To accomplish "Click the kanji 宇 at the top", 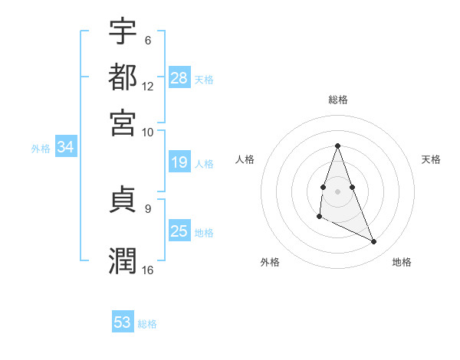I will coord(123,32).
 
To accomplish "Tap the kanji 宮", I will coord(123,122).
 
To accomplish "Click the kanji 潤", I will coord(123,260).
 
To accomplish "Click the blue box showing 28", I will coord(179,78).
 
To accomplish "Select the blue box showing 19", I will coord(179,162).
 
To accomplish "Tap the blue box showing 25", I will coord(179,231).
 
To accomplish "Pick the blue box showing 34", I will coord(65,148).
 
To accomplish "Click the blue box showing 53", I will coord(123,322).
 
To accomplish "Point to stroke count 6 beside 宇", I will coord(147,41).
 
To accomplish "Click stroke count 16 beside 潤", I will coord(147,270).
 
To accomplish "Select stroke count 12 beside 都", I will coord(147,86).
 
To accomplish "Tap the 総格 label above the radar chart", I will coord(337,100).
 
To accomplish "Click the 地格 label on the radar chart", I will coord(402,262).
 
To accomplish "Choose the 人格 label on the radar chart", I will coord(245,159).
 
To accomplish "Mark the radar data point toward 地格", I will coord(374,242).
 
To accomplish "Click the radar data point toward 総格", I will coord(337,146).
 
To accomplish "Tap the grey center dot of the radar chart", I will coord(337,190).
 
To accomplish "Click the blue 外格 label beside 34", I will coord(41,149).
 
